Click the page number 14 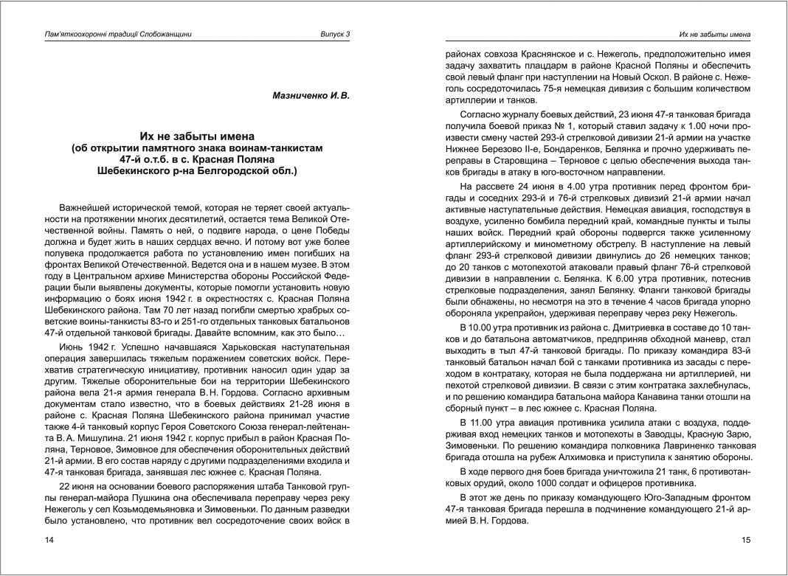tap(49, 540)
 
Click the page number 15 tap(745, 540)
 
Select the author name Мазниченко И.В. tap(311, 95)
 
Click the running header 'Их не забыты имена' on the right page tap(714, 34)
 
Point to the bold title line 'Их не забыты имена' tap(197, 136)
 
